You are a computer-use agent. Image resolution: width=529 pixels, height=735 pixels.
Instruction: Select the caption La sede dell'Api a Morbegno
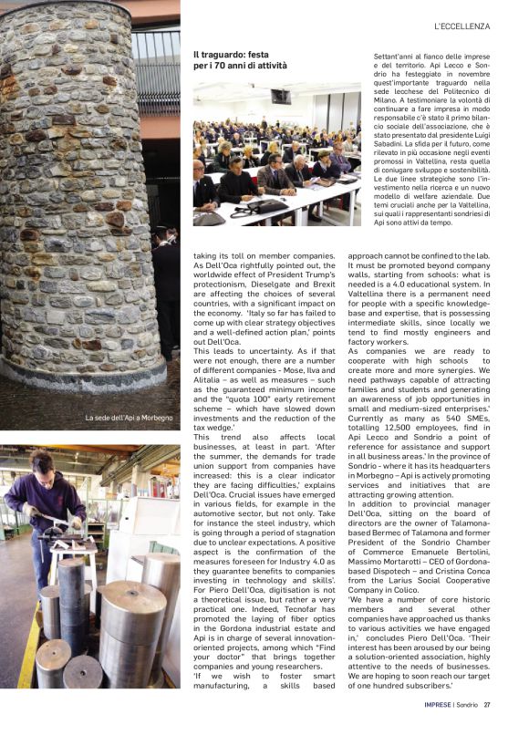pos(128,418)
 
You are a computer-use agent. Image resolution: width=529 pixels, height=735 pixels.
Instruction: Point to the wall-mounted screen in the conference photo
pos(281,96)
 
